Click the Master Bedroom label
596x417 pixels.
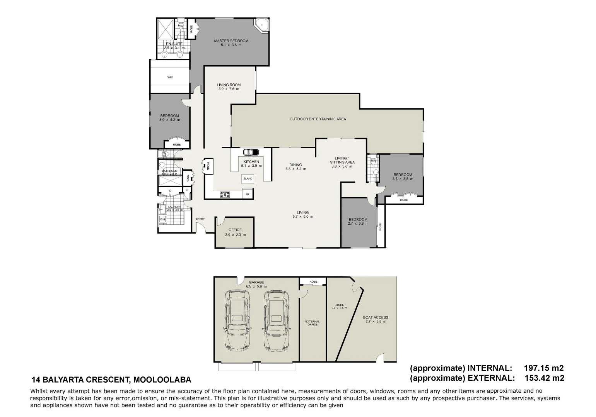231,41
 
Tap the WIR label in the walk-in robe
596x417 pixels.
170,77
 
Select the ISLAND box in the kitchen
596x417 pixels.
247,178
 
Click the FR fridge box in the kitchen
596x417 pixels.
248,195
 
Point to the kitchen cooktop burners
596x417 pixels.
225,195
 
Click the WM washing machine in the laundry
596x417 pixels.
162,219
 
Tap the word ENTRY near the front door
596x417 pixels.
200,219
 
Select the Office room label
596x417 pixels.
235,230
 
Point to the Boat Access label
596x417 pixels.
375,317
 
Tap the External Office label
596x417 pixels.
312,323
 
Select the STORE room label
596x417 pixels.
339,305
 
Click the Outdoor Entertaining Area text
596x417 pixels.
318,119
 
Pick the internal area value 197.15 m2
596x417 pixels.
543,368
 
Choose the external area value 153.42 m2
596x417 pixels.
543,378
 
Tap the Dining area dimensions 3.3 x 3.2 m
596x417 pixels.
295,169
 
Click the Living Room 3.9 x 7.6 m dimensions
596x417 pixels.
229,89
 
